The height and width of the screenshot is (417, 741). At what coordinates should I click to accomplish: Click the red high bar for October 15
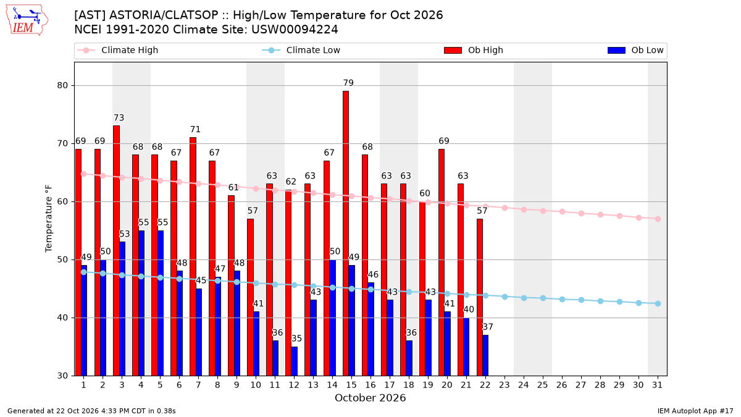346,234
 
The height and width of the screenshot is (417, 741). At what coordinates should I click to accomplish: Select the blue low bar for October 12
294,361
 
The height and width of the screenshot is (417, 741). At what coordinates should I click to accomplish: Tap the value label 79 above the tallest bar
348,83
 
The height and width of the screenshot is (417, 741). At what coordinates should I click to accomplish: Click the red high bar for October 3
116,251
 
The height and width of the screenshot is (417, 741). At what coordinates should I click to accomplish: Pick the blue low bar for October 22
485,355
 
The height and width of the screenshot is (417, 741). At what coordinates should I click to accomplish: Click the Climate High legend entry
118,50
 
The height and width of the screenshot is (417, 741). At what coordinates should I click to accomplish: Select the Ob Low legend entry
635,50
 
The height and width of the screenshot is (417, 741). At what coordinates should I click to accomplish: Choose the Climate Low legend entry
301,50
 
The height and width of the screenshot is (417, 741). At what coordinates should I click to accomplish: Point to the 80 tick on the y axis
62,85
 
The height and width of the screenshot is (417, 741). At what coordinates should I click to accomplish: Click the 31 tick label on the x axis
657,385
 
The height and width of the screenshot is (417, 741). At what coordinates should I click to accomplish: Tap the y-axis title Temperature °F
49,219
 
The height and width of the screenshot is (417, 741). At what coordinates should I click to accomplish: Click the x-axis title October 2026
370,398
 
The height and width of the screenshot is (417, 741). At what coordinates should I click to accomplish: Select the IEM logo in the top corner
27,20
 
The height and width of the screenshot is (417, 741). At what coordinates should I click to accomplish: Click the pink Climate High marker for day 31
658,219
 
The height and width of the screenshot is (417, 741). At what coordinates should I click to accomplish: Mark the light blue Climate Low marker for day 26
562,299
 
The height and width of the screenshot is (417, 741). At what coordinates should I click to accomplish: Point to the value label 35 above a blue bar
296,339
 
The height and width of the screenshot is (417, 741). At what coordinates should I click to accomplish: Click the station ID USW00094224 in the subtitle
295,30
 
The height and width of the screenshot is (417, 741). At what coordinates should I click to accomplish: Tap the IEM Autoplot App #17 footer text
695,411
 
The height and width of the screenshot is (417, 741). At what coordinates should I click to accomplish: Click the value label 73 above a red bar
119,117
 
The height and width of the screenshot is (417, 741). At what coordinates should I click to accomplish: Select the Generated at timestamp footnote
91,411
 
